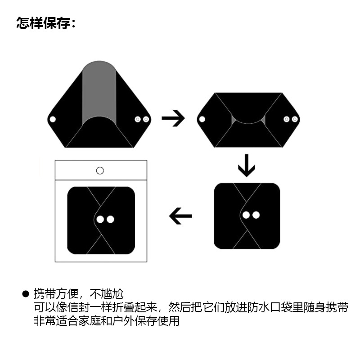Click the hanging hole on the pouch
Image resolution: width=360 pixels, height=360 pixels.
(x=100, y=171)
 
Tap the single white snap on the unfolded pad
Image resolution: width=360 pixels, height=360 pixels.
(x=53, y=120)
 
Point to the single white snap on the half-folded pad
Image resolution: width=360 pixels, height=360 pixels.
(x=202, y=119)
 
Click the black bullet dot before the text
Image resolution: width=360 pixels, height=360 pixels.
(x=26, y=294)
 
